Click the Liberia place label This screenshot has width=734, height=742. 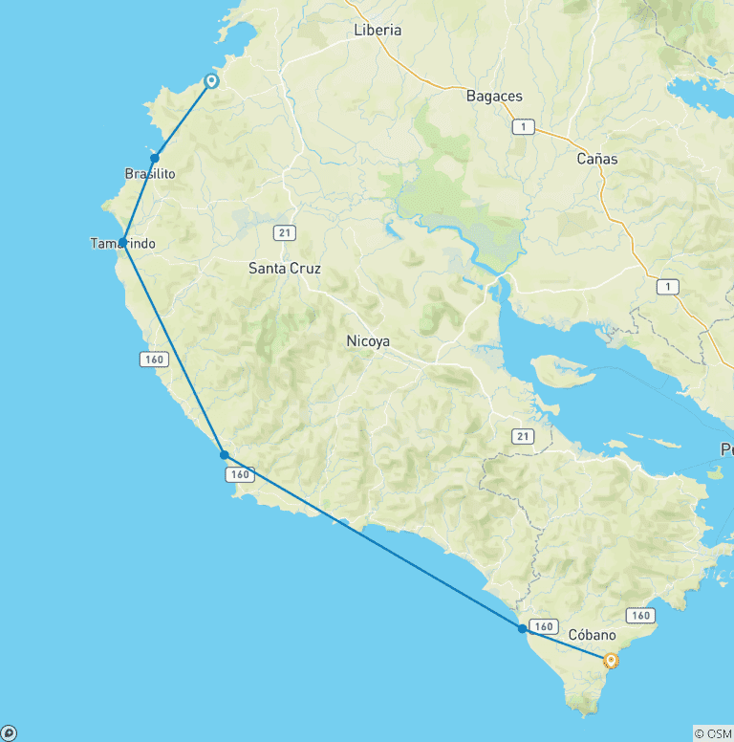[378, 30]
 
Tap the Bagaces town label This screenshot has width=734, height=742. [494, 96]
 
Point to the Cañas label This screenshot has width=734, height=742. [597, 159]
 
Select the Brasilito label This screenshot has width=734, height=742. [149, 173]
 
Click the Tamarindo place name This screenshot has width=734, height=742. [123, 244]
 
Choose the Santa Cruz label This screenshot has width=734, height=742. [285, 269]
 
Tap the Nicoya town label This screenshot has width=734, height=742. [368, 341]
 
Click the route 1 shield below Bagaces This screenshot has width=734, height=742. [523, 126]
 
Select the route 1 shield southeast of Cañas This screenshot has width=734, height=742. [668, 286]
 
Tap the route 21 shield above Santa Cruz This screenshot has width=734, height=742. [284, 232]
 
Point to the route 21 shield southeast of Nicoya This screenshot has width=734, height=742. [522, 436]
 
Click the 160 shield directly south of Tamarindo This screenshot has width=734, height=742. [153, 360]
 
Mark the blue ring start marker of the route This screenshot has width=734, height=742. [211, 81]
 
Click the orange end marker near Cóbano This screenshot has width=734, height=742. [611, 659]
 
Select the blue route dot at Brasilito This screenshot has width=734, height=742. [154, 158]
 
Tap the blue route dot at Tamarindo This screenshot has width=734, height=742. [123, 242]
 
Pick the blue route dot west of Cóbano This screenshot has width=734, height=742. [522, 629]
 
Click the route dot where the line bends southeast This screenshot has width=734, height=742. [224, 455]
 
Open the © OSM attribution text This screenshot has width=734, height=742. [713, 733]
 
